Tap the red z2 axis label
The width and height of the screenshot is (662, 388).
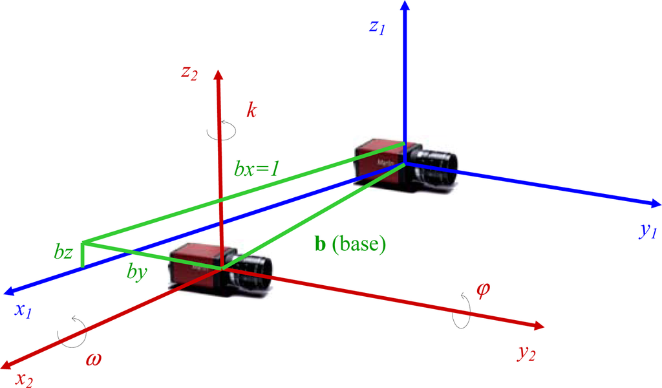(189, 73)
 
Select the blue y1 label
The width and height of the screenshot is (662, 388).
(647, 233)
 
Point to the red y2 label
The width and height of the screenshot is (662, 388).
(526, 353)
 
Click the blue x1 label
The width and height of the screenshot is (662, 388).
(23, 311)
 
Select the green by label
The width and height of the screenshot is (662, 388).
(137, 273)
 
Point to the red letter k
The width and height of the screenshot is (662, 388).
(251, 109)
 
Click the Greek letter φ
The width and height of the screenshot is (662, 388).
(482, 286)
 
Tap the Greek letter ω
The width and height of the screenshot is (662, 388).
(94, 357)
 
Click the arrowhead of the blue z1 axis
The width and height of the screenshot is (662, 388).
(405, 6)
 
